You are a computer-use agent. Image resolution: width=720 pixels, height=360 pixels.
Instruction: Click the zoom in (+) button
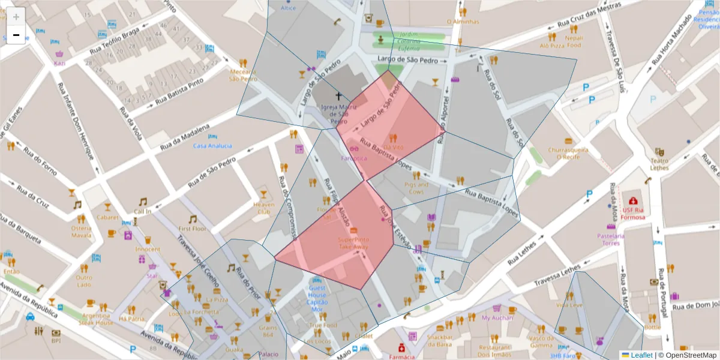[x=16, y=16]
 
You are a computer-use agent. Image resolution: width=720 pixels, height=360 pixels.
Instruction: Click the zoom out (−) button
[x=16, y=35]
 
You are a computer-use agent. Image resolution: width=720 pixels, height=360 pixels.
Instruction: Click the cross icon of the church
[x=338, y=96]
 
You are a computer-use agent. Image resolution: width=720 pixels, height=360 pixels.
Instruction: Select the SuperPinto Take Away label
[x=353, y=243]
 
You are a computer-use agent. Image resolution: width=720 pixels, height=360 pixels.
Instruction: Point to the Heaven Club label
[x=263, y=208]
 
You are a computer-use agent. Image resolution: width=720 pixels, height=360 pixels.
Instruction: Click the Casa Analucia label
[x=212, y=146]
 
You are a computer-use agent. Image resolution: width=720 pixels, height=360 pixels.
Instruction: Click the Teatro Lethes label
[x=659, y=164]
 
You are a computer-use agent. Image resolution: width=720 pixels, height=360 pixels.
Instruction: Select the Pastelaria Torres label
[x=611, y=239]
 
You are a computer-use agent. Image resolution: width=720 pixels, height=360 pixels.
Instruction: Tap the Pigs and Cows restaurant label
[x=416, y=188]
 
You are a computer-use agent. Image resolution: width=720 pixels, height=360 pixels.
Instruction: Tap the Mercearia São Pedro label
[x=243, y=74]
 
